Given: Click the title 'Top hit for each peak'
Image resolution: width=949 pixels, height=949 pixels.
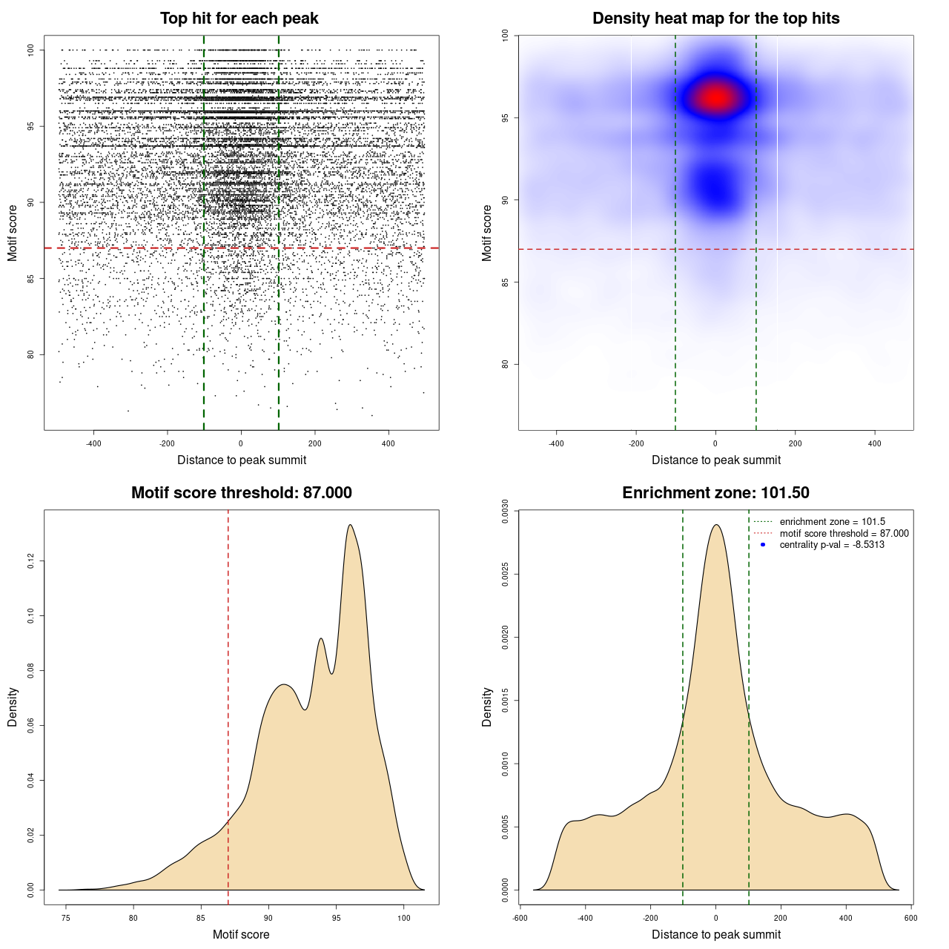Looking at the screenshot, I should coord(239,19).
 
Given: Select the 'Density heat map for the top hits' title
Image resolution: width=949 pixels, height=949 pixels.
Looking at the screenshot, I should coord(715,19).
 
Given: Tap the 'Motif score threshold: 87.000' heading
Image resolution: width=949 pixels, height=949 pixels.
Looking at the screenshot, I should coord(241,493).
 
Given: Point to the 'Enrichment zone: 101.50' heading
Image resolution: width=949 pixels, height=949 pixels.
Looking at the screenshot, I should coord(715,493).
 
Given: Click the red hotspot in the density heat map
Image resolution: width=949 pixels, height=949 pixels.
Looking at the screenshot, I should coord(715,97).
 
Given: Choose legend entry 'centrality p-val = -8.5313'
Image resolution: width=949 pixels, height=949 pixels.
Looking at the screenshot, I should coord(831,545).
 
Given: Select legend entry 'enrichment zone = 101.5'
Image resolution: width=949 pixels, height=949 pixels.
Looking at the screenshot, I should coord(832,522).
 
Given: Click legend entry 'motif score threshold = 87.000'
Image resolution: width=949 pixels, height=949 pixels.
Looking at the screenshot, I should coord(844,534).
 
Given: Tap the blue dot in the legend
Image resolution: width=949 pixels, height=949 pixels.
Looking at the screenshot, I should coord(763,545).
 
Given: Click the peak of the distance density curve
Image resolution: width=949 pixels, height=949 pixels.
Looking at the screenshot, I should coord(715,525).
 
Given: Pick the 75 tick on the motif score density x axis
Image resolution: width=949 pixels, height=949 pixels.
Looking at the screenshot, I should coord(66,918).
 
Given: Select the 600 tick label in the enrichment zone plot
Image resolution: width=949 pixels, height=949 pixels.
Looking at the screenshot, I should coord(910,918).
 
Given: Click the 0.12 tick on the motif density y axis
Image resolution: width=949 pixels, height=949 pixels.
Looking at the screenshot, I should coord(31,561).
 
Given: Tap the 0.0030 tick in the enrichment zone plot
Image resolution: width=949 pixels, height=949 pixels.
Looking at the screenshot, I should coord(506,512).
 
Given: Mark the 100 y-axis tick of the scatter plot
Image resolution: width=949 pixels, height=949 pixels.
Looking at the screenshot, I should coord(31,50).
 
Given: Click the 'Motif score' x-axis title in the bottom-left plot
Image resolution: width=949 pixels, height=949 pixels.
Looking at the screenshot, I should coord(241,934).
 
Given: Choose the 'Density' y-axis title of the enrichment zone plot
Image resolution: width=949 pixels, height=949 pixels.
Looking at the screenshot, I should coord(487,707).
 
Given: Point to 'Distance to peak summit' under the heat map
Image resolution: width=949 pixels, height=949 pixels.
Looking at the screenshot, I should coord(715,460).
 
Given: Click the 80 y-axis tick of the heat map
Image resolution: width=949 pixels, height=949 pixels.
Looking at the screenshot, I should coord(506,364).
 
